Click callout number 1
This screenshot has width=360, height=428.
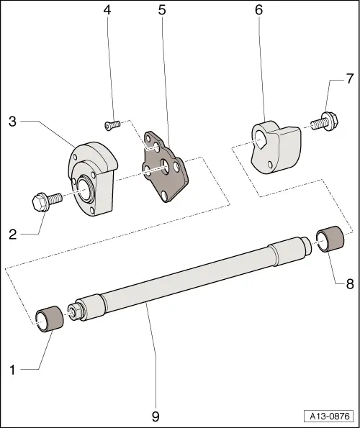tap(12, 370)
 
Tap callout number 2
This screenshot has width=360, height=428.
tap(13, 233)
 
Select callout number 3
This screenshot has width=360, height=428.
tap(12, 121)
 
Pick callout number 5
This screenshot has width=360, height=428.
tap(161, 11)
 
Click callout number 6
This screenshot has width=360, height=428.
tap(258, 11)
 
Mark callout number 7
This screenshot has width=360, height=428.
tap(350, 77)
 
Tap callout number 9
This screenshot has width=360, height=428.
tap(156, 416)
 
